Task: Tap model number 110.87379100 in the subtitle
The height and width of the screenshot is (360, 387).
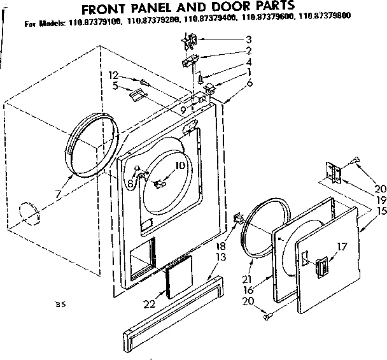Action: [93, 24]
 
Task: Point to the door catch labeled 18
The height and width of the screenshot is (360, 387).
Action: [239, 220]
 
